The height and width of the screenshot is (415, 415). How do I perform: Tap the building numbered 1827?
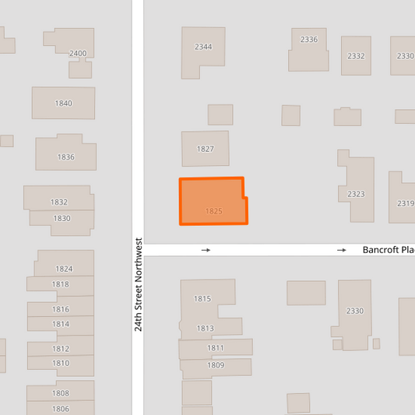click(x=205, y=149)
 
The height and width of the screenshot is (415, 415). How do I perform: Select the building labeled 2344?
click(x=202, y=47)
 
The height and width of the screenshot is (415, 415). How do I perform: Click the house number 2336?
click(x=309, y=40)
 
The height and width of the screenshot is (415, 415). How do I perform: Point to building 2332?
click(x=356, y=56)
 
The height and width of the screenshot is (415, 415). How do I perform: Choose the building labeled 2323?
click(x=357, y=194)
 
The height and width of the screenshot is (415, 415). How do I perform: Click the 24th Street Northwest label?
click(x=138, y=285)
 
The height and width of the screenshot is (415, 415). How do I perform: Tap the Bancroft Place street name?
click(x=388, y=250)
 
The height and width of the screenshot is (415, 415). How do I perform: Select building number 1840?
click(x=64, y=104)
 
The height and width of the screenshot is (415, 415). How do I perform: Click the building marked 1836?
click(x=66, y=157)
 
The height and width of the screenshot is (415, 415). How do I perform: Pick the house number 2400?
click(x=78, y=53)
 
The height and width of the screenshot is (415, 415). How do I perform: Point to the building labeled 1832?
click(x=58, y=202)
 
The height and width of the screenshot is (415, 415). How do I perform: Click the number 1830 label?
click(x=62, y=218)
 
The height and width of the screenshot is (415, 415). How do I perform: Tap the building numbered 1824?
click(x=64, y=269)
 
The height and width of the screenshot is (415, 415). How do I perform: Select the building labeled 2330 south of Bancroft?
click(x=354, y=311)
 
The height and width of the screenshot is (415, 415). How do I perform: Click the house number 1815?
click(x=202, y=299)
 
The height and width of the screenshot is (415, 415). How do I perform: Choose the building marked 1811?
click(x=216, y=347)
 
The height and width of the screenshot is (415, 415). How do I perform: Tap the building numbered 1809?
click(x=216, y=365)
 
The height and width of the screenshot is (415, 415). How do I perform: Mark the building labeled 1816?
click(x=61, y=309)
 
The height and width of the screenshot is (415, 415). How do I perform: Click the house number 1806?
click(x=61, y=409)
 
